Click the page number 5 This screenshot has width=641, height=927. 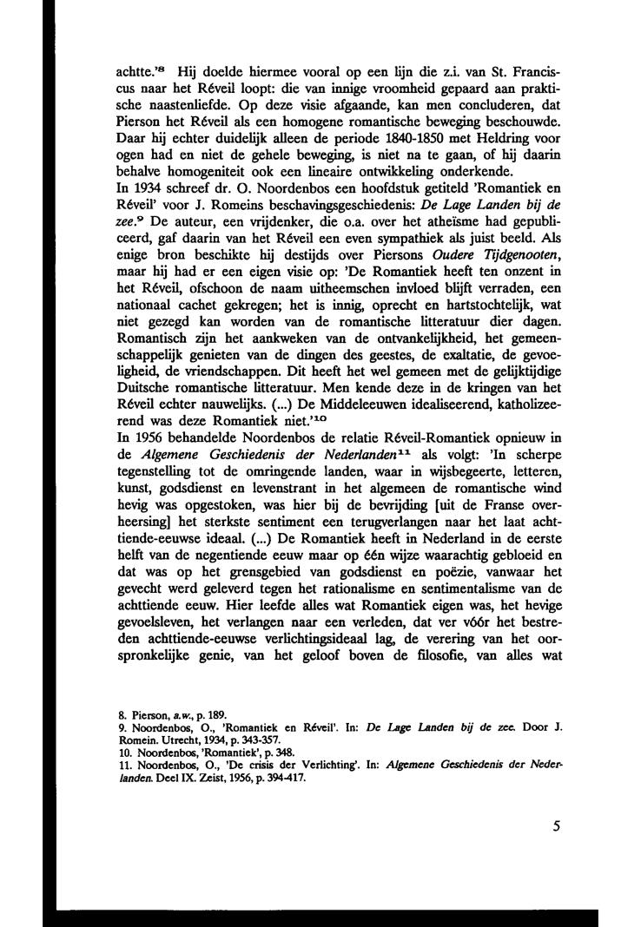(555, 826)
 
